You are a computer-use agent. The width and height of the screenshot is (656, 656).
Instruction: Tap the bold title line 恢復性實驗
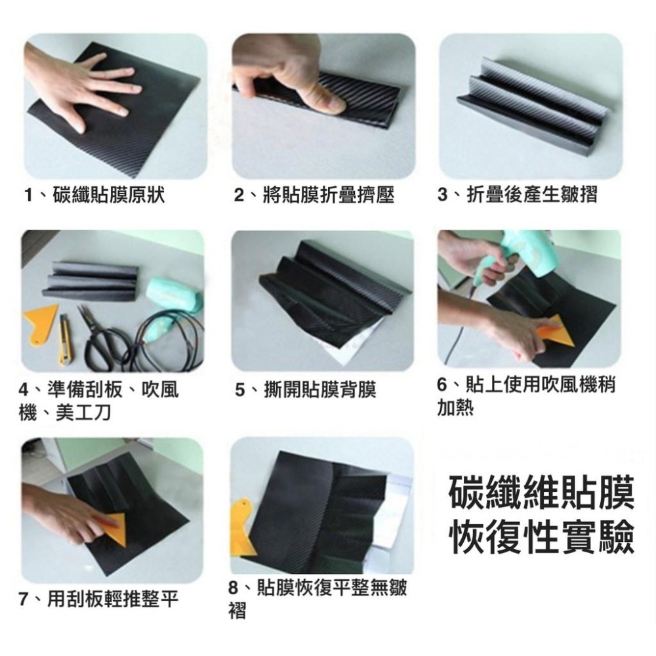point(542,539)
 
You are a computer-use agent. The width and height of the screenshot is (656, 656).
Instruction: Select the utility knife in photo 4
point(66,338)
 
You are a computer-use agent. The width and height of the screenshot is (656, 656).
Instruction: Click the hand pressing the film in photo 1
point(85,85)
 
